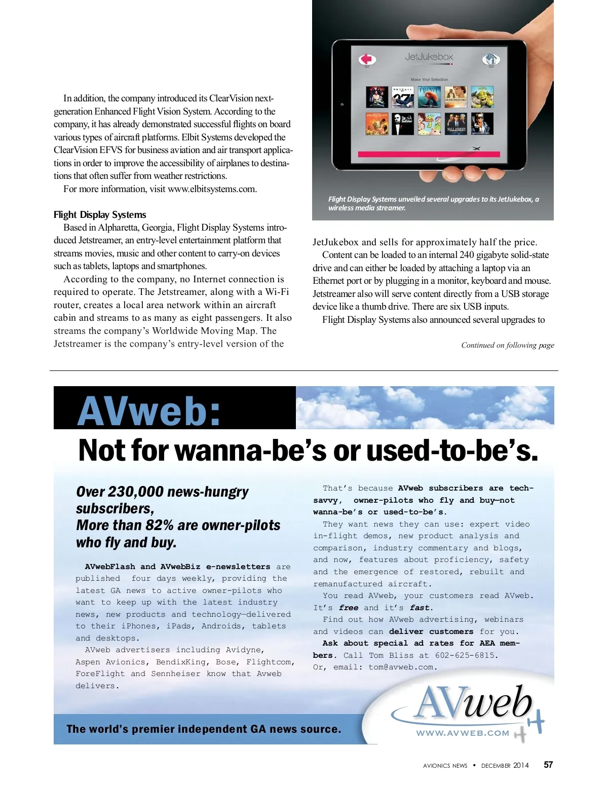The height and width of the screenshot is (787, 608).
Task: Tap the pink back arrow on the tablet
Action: (x=367, y=59)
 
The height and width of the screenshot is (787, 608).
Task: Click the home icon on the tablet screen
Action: (x=490, y=59)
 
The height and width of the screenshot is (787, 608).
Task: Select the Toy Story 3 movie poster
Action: (x=429, y=124)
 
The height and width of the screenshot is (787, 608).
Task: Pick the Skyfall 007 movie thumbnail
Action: (x=403, y=97)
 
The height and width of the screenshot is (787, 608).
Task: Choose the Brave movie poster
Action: (x=429, y=97)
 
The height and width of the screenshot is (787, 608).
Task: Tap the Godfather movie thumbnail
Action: (x=403, y=124)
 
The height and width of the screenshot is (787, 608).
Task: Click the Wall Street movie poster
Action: (x=456, y=124)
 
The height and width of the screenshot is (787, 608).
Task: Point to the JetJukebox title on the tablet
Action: (x=429, y=57)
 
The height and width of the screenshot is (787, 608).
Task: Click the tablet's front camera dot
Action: (x=342, y=104)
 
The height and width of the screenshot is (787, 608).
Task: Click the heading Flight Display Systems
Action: (x=100, y=215)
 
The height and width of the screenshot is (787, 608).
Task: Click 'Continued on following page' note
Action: (x=507, y=345)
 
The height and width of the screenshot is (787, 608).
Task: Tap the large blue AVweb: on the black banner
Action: (x=149, y=410)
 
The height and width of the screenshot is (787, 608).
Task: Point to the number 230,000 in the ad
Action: (x=136, y=492)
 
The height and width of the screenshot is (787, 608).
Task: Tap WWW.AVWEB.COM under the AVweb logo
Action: (x=463, y=733)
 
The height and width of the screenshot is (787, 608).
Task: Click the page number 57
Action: (x=548, y=765)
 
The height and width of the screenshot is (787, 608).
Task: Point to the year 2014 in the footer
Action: (x=521, y=765)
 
